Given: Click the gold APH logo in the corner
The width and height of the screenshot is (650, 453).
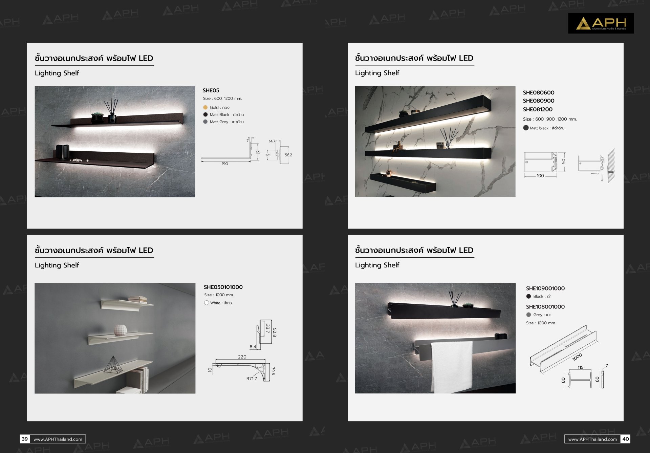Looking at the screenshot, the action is coord(601,23).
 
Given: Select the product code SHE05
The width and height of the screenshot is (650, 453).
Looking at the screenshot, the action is coord(211,90).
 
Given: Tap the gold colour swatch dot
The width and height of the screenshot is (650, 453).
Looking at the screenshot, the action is coord(205,107).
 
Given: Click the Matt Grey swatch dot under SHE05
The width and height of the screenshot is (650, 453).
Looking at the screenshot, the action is coord(205,122).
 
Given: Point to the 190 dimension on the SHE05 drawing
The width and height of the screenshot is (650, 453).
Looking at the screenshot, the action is coord(225,164).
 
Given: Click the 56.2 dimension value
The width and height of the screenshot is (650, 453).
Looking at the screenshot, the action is coord(288,155).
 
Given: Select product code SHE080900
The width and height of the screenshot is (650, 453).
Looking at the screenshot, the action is coord(539,101).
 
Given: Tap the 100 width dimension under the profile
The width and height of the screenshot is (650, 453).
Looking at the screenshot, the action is coord(540,176).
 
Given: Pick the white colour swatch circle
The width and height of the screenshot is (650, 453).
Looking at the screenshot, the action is coord(207,303).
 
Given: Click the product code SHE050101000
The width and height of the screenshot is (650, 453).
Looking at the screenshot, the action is coord(223,287).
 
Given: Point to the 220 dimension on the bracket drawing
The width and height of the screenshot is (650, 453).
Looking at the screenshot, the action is coord(242,357).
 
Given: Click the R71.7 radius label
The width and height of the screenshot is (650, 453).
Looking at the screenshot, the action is coord(252,379).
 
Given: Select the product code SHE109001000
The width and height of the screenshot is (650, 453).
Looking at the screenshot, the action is coord(545,288).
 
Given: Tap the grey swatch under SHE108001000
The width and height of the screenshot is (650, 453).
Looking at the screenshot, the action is coord(528,315).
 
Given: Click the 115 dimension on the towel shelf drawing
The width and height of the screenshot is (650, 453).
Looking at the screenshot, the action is coord(581,367).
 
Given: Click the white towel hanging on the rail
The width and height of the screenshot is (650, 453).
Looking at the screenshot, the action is coord(452,367).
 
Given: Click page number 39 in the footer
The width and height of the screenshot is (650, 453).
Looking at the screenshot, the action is coord(25,439).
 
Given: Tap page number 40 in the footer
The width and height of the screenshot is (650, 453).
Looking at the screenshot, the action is coord(625,439).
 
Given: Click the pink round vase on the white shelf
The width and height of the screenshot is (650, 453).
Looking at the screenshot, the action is coord(120,330).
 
